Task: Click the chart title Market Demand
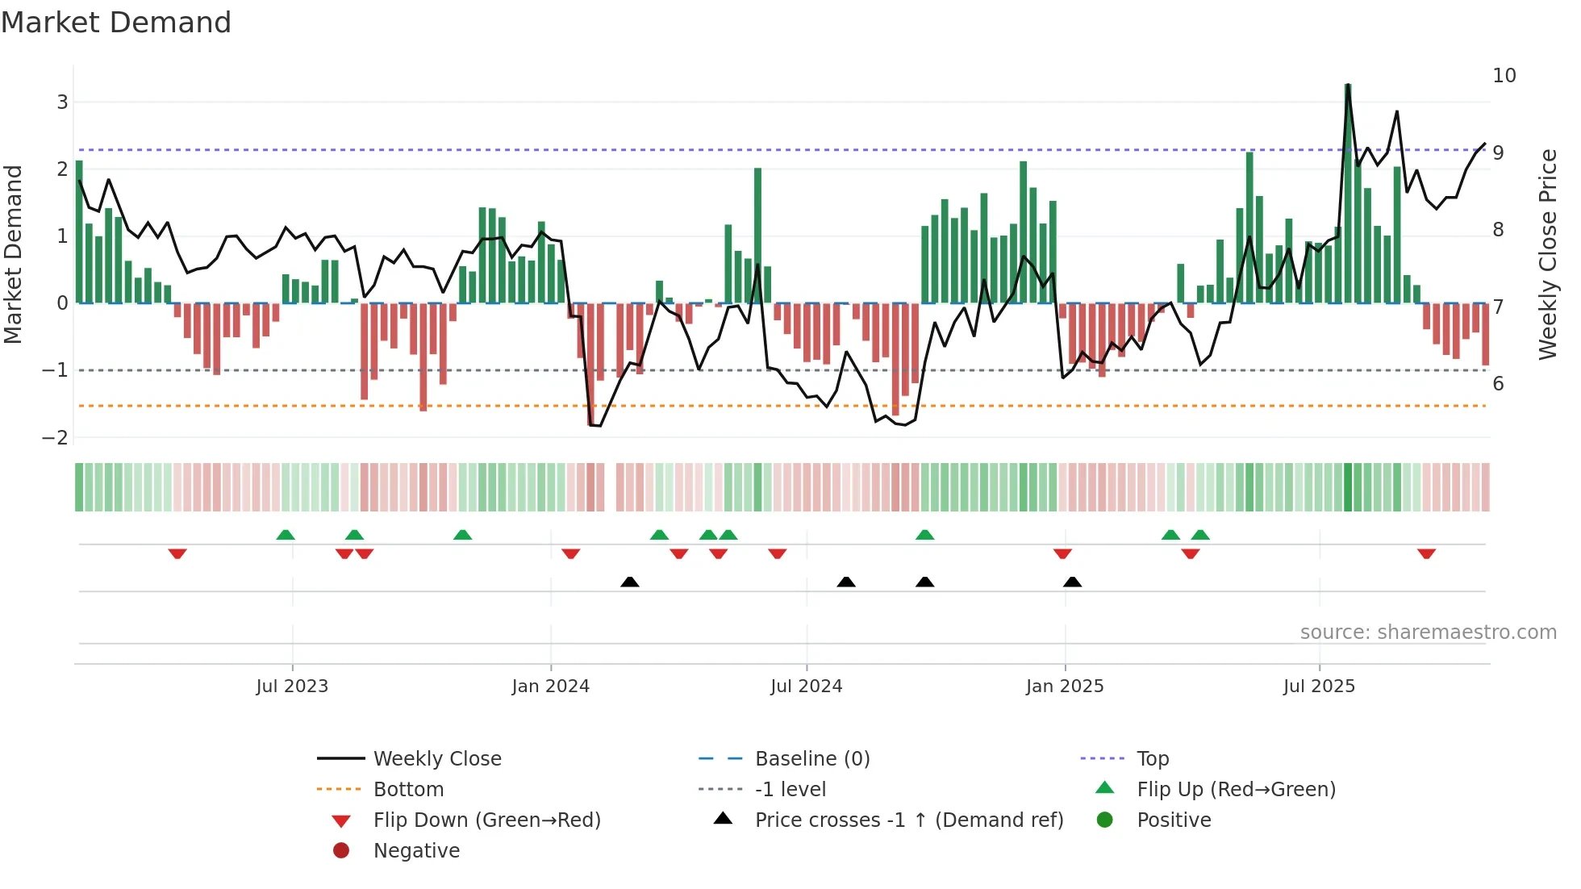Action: click(116, 23)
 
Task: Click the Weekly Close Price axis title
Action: click(1547, 254)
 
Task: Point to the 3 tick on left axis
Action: click(62, 102)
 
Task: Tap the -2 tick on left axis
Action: click(55, 437)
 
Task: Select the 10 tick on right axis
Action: click(1504, 76)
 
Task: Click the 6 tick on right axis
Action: click(1498, 384)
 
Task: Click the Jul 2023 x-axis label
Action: click(292, 687)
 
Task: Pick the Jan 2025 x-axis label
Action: click(1064, 687)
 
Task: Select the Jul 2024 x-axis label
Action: click(806, 687)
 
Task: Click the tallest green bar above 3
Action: click(1348, 194)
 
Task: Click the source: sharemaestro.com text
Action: click(1428, 632)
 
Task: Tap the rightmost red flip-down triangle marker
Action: click(1426, 553)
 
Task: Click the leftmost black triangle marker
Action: click(630, 582)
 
